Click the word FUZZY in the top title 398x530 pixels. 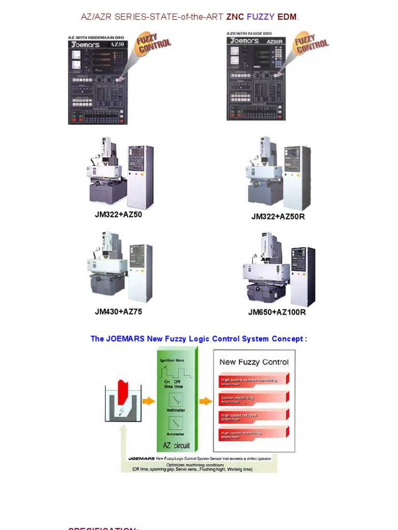coord(260,17)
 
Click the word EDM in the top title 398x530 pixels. coord(287,17)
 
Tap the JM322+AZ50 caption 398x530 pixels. coord(118,215)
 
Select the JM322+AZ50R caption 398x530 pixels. coord(278,217)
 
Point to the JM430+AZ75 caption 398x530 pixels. coord(118,312)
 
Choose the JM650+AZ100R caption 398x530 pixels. coord(277,312)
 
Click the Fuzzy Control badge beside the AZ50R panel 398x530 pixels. coord(311,45)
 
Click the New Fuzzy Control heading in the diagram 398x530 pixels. coord(254,362)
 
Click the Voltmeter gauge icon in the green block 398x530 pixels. coord(176,399)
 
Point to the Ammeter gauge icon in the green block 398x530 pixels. coord(176,424)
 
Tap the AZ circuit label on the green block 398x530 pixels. coord(176,445)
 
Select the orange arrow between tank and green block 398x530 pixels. coord(148,401)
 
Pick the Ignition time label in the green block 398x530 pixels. coord(172,360)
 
